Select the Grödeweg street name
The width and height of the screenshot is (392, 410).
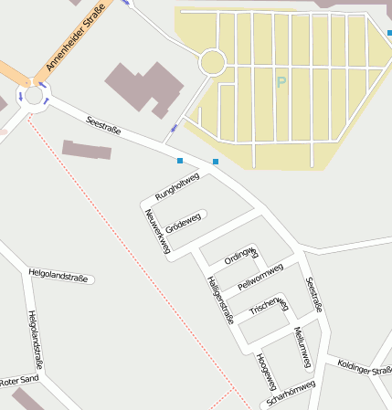pos(183,221)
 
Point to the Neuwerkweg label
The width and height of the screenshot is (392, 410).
pos(156,231)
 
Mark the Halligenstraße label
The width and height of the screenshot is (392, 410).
pos(220,300)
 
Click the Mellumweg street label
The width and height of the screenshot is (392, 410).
pos(303,347)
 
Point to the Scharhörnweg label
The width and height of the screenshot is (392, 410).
pos(288,392)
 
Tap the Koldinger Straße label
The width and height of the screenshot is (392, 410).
pos(365,368)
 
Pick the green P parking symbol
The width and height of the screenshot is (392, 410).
pos(281,82)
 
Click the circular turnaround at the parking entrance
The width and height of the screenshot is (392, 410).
pos(212,62)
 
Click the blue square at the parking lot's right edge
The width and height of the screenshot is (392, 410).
pos(388,33)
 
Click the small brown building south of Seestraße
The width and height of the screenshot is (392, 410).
pos(87,149)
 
